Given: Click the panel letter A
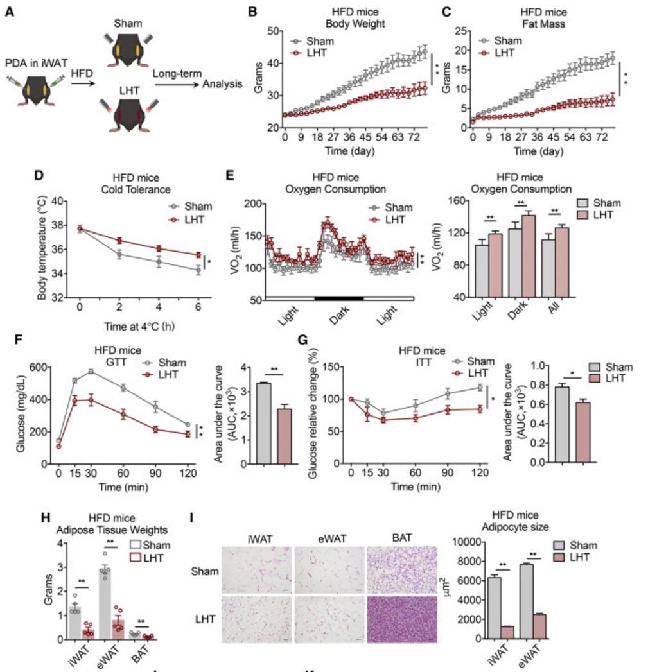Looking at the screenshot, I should pos(9,12).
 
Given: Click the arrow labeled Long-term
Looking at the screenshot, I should pos(175,82).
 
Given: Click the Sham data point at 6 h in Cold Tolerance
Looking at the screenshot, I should pos(198,270).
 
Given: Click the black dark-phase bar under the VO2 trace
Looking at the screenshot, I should pos(338,299).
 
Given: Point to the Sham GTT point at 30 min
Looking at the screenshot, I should pos(91,372).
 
